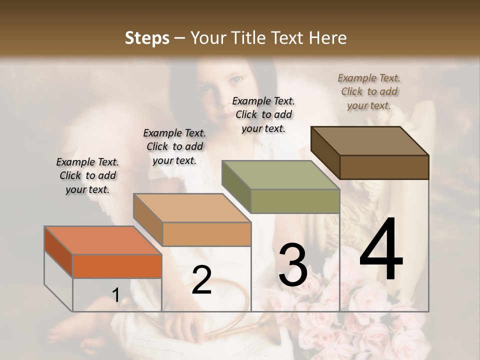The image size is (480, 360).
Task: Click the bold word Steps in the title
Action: pos(147,38)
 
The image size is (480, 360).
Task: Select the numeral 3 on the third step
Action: pos(292,264)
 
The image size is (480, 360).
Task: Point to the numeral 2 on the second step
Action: pos(201,279)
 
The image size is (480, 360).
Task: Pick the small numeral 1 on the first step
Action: pos(115,295)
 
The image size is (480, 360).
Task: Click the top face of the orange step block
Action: pos(103,240)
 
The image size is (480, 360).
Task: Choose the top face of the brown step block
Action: pos(370,141)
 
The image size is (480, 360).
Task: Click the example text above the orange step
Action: pos(87,175)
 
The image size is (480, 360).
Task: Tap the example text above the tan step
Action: pos(174,146)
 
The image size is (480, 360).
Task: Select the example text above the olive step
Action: pos(263,114)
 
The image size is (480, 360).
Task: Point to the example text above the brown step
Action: pos(369,91)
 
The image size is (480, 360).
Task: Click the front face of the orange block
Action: pos(117,266)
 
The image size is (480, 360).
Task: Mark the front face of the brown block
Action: pos(384,167)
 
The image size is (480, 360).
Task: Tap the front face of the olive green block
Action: pos(295,201)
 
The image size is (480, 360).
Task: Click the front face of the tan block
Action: pos(206,234)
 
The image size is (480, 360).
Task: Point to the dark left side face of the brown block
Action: pos(325,152)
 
